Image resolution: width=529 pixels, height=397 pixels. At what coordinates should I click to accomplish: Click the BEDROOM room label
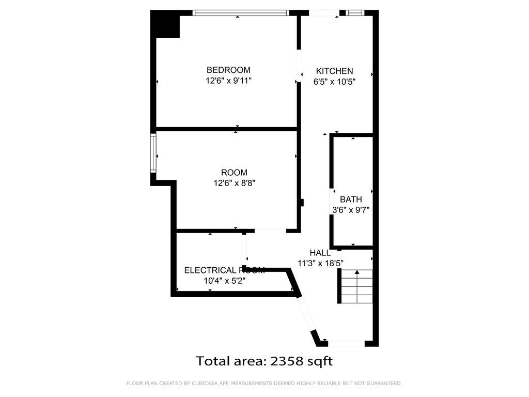click(228, 70)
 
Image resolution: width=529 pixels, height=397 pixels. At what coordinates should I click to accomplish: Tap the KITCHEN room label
click(334, 71)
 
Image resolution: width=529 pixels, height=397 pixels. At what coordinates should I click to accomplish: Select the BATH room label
click(351, 200)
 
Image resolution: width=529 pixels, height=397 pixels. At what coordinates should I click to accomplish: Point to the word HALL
click(320, 253)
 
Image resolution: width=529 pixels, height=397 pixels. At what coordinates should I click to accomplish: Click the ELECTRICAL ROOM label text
click(224, 270)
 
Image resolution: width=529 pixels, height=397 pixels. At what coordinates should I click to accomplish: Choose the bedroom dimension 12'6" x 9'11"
click(228, 81)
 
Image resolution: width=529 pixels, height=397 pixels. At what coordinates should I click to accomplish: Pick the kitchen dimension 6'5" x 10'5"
click(334, 82)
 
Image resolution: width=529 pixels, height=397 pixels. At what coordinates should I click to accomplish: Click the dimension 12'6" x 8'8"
click(234, 183)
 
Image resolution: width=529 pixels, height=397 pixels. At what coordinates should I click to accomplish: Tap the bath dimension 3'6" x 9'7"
click(351, 210)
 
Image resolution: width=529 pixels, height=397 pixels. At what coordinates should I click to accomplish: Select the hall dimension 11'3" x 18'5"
click(320, 263)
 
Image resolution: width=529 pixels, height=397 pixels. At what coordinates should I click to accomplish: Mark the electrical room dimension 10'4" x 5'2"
click(224, 281)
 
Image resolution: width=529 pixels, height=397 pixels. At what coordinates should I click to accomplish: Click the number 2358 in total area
click(286, 361)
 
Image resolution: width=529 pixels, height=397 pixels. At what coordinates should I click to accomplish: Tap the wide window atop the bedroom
click(241, 13)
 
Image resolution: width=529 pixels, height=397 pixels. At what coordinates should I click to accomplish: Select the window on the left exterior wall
click(153, 153)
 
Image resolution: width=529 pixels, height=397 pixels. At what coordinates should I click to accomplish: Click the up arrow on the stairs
click(356, 272)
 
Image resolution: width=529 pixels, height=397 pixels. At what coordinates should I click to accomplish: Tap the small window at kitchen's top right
click(355, 13)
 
